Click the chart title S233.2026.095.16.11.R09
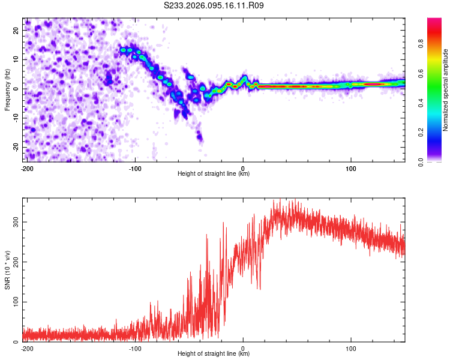click(214, 5)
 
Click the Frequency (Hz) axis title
click(7, 89)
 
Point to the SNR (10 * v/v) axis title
click(7, 269)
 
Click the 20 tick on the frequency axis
click(17, 30)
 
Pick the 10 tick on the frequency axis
click(17, 59)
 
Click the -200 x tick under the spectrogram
click(26, 167)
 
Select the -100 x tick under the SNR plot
click(135, 347)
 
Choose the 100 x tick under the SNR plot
click(350, 347)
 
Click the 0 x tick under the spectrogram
click(243, 167)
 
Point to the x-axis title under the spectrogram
click(214, 174)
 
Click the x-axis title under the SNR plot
click(214, 354)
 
